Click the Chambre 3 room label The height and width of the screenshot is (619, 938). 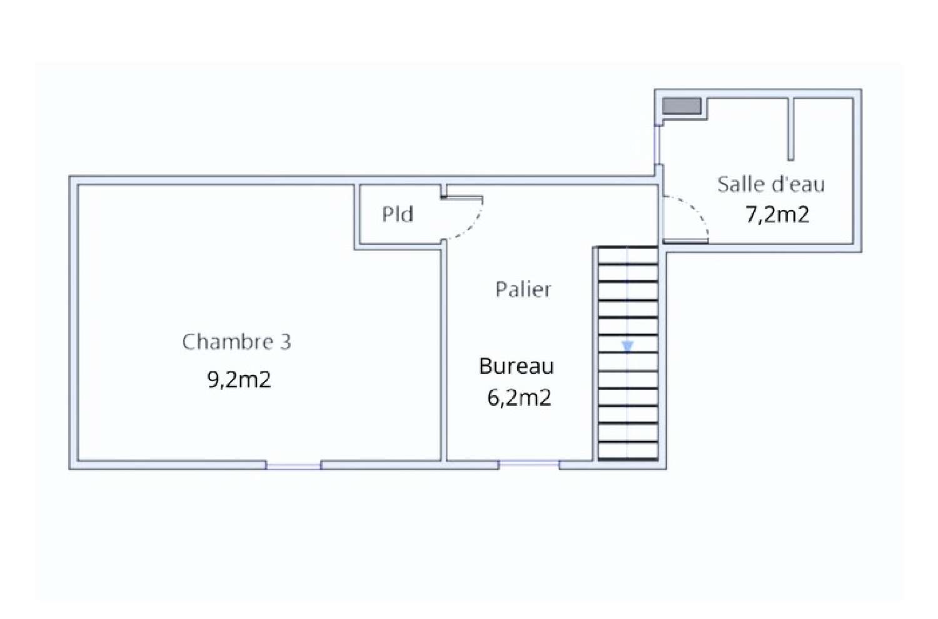[x=236, y=342]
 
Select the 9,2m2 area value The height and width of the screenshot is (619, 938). [x=239, y=380]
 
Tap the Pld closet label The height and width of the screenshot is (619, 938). [x=398, y=214]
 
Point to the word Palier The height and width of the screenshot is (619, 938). [x=523, y=289]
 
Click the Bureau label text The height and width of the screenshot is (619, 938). [x=516, y=366]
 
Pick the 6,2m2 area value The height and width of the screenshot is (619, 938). [x=519, y=398]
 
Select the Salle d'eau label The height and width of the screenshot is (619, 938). [x=771, y=184]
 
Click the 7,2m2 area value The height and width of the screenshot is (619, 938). [x=777, y=214]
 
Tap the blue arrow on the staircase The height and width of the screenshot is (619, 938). [x=627, y=346]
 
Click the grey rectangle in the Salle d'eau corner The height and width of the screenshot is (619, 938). [x=682, y=106]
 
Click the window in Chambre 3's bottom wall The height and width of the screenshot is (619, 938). [x=293, y=465]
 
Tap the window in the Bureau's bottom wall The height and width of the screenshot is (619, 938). [x=528, y=464]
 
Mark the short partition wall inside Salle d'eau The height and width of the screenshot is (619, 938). [x=790, y=128]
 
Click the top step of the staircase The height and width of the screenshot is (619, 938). [x=627, y=256]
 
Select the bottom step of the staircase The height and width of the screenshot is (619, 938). [x=627, y=451]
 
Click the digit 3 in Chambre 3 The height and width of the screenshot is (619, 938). [x=285, y=342]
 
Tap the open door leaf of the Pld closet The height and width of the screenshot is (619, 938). [x=462, y=198]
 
